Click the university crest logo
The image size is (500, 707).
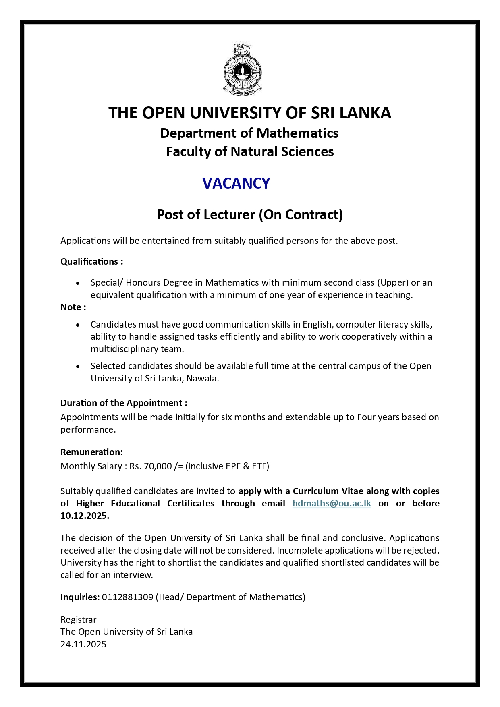tap(243, 70)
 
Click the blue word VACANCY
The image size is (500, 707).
tap(236, 183)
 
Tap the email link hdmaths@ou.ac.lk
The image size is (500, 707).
tap(332, 504)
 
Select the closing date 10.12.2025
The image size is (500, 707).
tap(85, 516)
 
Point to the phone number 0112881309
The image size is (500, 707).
tap(127, 597)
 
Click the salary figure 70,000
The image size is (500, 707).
tap(158, 466)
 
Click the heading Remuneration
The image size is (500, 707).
tap(91, 452)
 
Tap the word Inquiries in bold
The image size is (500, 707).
tap(80, 597)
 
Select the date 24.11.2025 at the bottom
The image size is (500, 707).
tap(83, 644)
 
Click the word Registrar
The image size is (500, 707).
tap(79, 620)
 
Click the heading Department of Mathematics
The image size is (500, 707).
tap(249, 133)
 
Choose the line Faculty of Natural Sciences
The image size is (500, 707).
tap(250, 152)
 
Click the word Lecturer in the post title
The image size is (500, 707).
tap(228, 215)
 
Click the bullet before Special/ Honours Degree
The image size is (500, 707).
tap(78, 283)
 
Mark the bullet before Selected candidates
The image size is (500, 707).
tap(78, 367)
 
